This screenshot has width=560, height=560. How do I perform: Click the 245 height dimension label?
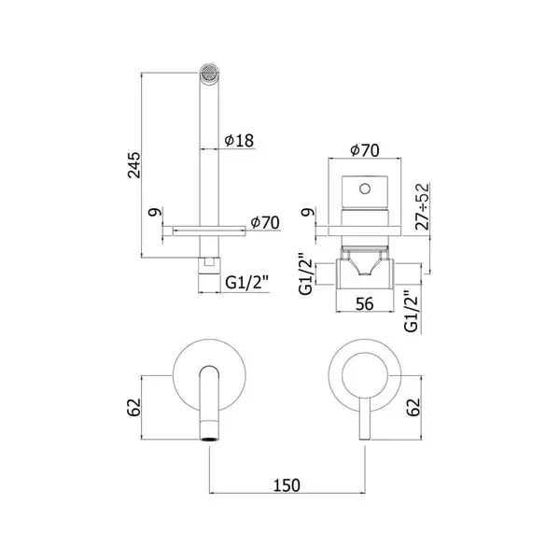pos(134,165)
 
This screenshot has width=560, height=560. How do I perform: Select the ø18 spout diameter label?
pos(239,140)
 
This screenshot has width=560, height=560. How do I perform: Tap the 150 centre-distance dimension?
pos(287,485)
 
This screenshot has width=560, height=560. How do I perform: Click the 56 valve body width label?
pos(365,304)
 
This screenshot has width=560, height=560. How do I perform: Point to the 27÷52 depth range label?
pos(422,206)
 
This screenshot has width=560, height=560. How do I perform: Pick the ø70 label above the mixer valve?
pos(365,150)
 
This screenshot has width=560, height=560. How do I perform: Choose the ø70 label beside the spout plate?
pos(265,222)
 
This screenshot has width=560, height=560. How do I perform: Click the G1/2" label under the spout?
pos(246,283)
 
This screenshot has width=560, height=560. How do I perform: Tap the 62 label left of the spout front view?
pos(134,407)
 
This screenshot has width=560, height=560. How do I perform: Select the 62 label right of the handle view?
pos(413,407)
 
